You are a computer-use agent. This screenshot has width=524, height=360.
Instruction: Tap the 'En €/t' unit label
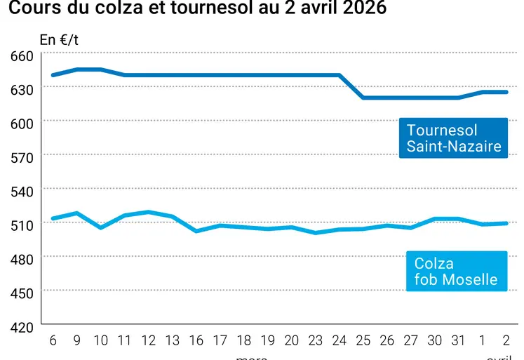coord(59,39)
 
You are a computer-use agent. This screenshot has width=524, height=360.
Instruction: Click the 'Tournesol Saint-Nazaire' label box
coord(454,138)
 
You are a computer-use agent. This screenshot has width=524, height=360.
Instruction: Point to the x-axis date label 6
coord(53,341)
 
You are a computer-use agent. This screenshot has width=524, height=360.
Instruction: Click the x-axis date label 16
coord(196,341)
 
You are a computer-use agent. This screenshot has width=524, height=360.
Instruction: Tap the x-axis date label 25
coord(363,341)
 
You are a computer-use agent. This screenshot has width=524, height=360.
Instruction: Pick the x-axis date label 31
coord(459,341)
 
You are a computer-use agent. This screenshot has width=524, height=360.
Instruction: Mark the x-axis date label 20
coord(292,341)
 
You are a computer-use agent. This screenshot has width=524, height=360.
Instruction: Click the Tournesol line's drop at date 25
coord(363,98)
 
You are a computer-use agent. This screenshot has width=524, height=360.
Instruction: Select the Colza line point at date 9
coord(76,213)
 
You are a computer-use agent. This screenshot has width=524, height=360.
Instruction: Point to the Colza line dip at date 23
coord(316,232)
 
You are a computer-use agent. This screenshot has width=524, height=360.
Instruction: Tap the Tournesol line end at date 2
coord(506,92)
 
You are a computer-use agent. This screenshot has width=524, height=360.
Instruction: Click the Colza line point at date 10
coord(100,227)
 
